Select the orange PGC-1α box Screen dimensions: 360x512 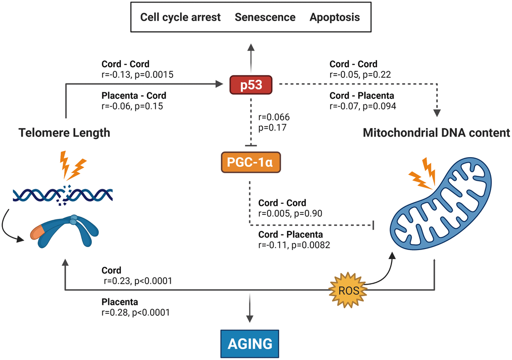(250, 163)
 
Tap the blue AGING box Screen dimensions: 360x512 (250, 343)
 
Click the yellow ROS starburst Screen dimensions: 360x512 (349, 290)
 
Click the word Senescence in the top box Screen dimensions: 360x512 (265, 18)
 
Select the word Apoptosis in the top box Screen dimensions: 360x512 (335, 18)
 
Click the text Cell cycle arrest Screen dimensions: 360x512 (180, 18)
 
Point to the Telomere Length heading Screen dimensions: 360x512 (64, 133)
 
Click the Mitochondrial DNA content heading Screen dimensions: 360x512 (436, 133)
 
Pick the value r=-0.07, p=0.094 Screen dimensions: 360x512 (362, 106)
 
